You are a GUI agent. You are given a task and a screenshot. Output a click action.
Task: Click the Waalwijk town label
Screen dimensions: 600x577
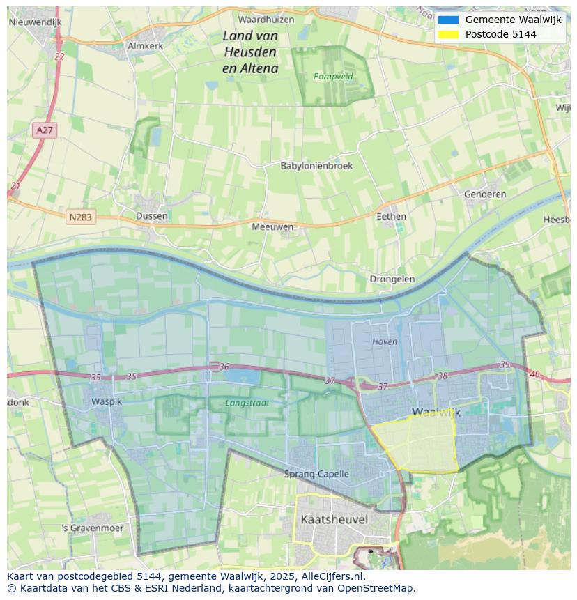436,413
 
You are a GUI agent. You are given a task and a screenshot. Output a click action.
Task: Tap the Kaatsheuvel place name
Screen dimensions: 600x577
334,519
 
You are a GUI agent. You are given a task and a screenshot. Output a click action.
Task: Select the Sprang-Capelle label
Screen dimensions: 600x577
316,474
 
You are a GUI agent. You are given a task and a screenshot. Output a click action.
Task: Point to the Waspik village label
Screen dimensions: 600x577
107,402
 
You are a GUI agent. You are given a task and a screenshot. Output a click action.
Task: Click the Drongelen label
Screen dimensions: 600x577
392,279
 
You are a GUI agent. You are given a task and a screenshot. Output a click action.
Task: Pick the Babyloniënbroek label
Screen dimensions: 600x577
316,166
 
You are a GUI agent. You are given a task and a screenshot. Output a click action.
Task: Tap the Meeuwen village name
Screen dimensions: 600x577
272,226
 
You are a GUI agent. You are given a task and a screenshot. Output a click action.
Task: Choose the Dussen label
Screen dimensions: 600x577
152,216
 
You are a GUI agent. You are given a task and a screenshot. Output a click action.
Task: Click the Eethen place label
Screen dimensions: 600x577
391,216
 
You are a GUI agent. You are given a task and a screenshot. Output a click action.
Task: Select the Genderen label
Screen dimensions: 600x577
485,194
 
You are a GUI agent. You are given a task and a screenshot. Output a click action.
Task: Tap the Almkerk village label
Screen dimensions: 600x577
145,46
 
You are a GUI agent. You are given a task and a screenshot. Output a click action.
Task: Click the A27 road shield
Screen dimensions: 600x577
45,130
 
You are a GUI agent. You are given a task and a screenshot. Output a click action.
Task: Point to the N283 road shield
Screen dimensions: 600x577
80,217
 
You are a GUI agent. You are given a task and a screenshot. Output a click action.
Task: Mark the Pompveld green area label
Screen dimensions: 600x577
333,77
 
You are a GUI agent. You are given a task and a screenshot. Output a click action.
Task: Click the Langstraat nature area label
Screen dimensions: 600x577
247,403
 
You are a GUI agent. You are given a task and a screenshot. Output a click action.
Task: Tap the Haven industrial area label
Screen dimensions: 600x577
385,341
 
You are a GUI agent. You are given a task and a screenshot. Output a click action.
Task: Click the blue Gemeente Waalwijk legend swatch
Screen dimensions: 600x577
448,20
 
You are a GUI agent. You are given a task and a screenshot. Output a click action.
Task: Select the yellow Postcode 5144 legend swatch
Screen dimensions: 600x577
448,34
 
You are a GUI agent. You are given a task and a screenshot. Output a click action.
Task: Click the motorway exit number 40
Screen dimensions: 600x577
534,375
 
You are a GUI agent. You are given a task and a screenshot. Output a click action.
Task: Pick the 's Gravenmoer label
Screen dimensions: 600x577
93,528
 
